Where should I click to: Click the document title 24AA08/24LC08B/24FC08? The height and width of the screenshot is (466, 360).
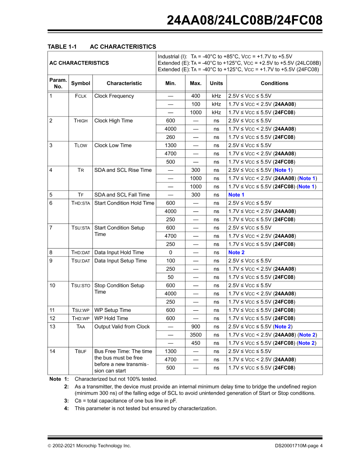[245, 20]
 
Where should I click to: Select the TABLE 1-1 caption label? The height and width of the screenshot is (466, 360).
[62, 47]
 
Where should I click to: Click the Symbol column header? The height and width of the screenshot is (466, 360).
[81, 83]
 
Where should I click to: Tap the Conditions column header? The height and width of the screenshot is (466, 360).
[275, 83]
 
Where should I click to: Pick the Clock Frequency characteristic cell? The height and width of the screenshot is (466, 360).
[114, 96]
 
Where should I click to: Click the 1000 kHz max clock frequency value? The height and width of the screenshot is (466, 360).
[196, 113]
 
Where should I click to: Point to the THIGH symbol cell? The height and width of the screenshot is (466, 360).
[81, 121]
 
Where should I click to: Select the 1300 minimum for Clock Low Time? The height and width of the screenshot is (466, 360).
[171, 145]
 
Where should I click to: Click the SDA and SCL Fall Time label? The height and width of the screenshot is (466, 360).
[122, 195]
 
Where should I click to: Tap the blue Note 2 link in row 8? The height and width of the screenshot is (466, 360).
[237, 253]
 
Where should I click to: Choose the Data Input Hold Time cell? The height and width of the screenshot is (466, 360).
[119, 253]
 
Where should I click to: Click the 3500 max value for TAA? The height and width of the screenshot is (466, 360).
[196, 335]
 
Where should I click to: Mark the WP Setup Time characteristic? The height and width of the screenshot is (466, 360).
[112, 310]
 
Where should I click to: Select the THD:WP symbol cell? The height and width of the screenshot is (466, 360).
[81, 318]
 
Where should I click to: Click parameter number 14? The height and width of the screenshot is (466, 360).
[52, 351]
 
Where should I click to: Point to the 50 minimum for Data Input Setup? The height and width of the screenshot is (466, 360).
[171, 277]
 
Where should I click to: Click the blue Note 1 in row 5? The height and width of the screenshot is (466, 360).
[237, 195]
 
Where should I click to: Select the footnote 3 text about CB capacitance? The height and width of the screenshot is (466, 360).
[126, 401]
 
